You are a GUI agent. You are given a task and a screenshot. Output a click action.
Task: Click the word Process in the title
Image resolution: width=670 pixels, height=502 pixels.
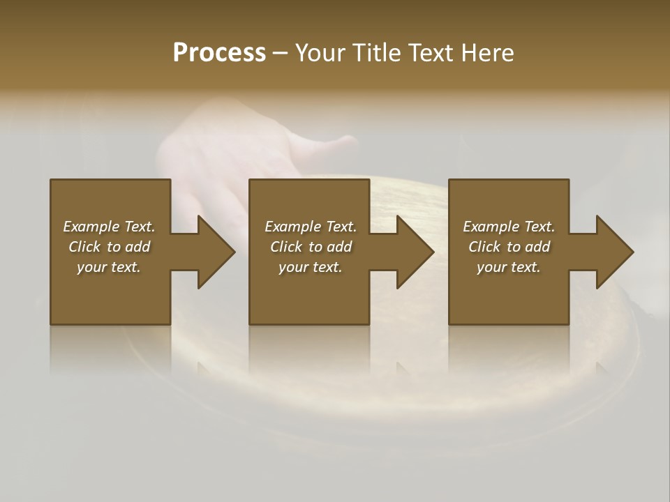tap(219, 53)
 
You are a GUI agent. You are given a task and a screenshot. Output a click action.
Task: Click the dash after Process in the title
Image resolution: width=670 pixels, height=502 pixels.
tap(280, 54)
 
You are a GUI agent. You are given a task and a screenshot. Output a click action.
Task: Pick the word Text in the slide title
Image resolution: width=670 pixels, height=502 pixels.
tap(433, 53)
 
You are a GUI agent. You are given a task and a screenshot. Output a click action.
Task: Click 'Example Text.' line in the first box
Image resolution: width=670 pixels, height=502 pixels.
tap(109, 227)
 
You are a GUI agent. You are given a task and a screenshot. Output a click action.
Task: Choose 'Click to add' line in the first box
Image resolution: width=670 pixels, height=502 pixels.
tap(109, 247)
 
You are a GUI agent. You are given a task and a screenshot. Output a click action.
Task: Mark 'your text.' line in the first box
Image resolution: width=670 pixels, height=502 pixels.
tap(109, 267)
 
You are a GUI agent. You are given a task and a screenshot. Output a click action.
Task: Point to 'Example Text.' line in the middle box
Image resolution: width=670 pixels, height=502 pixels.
tap(311, 227)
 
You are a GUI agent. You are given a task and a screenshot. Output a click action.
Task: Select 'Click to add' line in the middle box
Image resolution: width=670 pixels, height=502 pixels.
tap(311, 247)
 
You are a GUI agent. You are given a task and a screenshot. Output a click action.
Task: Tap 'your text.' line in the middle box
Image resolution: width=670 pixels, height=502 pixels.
tap(311, 267)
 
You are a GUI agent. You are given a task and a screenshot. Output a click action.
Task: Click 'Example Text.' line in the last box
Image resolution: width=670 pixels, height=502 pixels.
tap(509, 227)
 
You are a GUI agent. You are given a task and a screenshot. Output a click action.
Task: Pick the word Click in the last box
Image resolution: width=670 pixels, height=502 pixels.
tap(484, 247)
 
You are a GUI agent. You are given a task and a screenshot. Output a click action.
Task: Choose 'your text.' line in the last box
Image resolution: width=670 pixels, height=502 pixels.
tap(509, 267)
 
